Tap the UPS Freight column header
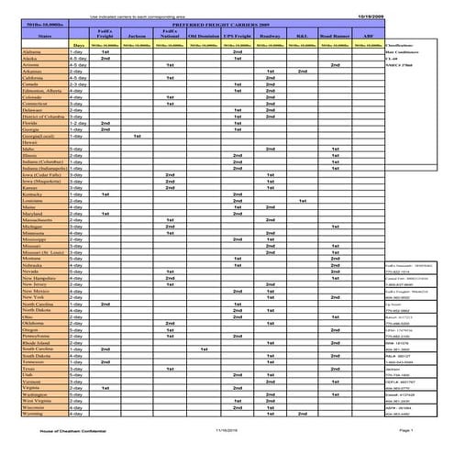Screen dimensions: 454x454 tap(237, 35)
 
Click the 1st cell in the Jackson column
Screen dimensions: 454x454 tap(137, 136)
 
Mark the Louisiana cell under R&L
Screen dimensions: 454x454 tap(302, 200)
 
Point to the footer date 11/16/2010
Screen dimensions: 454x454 tap(225, 428)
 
